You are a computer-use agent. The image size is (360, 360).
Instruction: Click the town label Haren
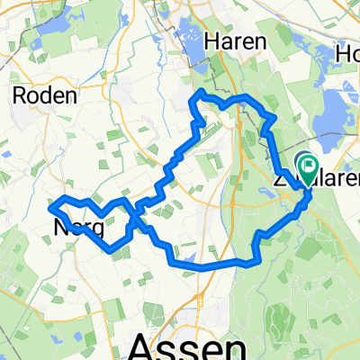[235, 41]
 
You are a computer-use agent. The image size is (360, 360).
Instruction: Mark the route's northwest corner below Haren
[199, 93]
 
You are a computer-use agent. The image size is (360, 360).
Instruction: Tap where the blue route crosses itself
[135, 216]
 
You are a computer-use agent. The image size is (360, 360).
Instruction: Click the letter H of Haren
[211, 41]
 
